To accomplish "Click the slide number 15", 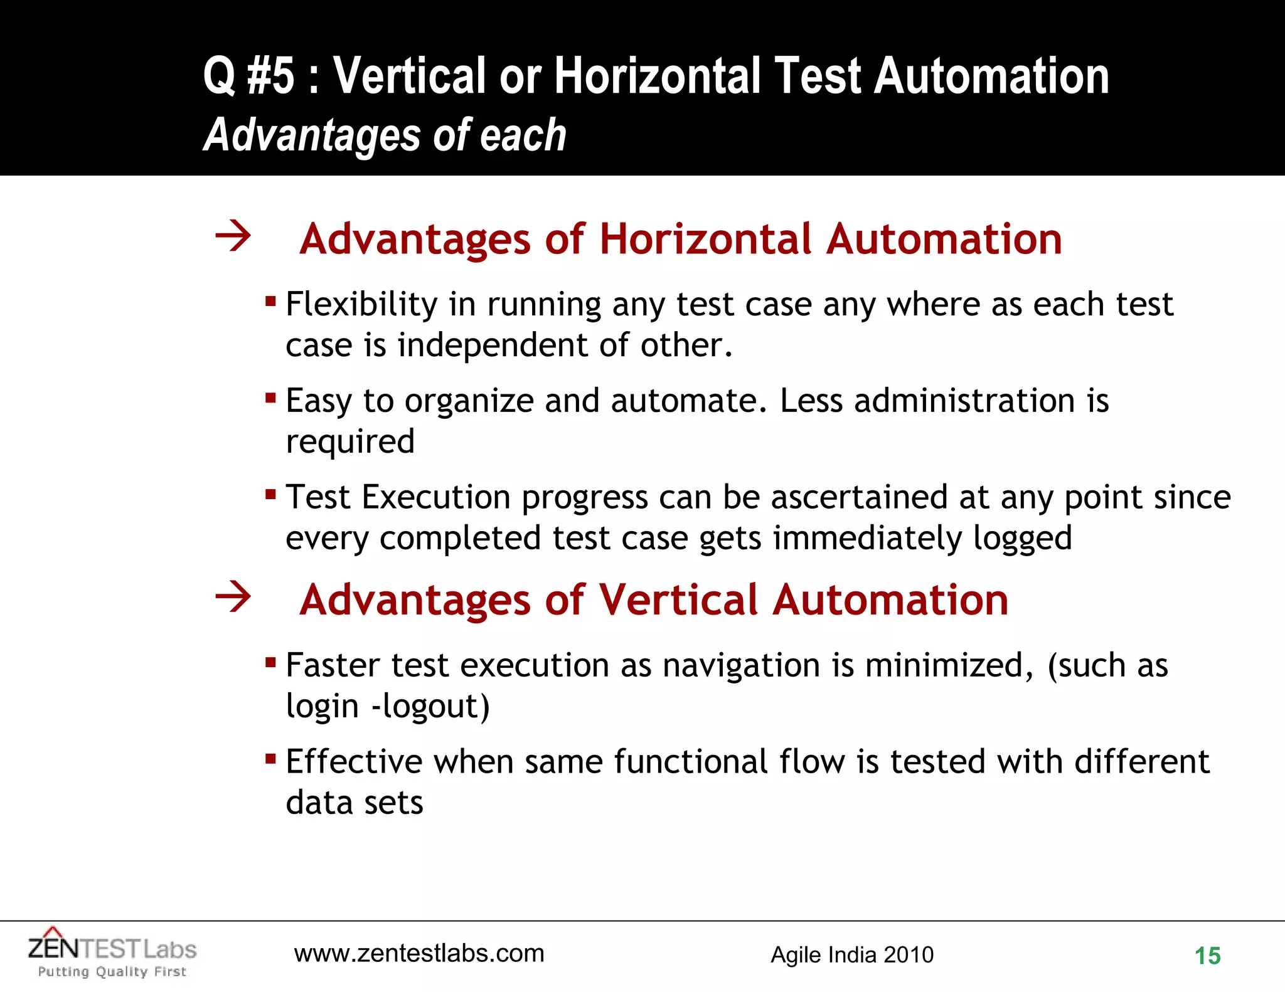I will (x=1207, y=956).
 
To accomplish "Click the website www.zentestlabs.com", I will (x=419, y=953).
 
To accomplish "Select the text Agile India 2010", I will (x=851, y=955).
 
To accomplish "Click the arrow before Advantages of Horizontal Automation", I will (x=233, y=236).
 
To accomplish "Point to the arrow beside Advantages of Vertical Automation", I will (x=233, y=596).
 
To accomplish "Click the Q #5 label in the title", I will (x=248, y=75).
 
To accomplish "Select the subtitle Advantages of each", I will (x=385, y=135).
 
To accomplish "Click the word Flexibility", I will (x=361, y=305).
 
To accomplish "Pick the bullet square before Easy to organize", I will (x=270, y=398).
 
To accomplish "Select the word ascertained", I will (x=859, y=497).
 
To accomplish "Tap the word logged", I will (x=1022, y=539).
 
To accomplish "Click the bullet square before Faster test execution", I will (x=270, y=662).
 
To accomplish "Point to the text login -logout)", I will (x=387, y=706).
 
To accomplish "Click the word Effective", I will (x=354, y=762).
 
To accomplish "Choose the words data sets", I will (x=355, y=803).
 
